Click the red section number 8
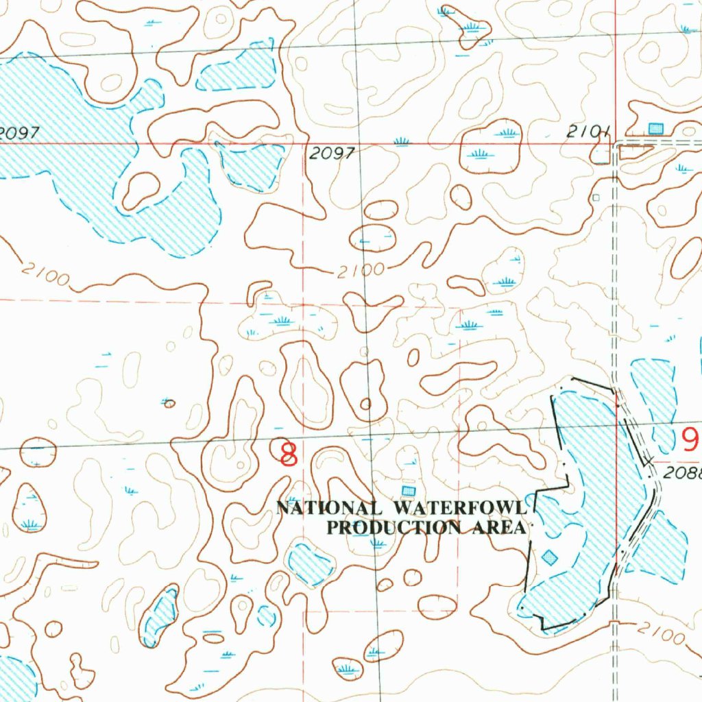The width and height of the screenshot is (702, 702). coord(289,454)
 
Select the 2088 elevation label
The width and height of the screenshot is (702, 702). coord(683,473)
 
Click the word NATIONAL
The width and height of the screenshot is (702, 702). coord(328,508)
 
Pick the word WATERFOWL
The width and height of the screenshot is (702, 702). coord(459,508)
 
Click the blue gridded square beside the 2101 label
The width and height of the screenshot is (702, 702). coord(656,128)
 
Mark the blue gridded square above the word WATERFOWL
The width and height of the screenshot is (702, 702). coord(409,490)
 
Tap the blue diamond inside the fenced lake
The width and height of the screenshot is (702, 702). coord(549,557)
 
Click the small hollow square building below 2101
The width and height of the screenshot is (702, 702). coord(596,197)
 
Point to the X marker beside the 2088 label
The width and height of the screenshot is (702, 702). coord(649,461)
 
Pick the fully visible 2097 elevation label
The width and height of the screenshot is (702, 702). coord(331,154)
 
